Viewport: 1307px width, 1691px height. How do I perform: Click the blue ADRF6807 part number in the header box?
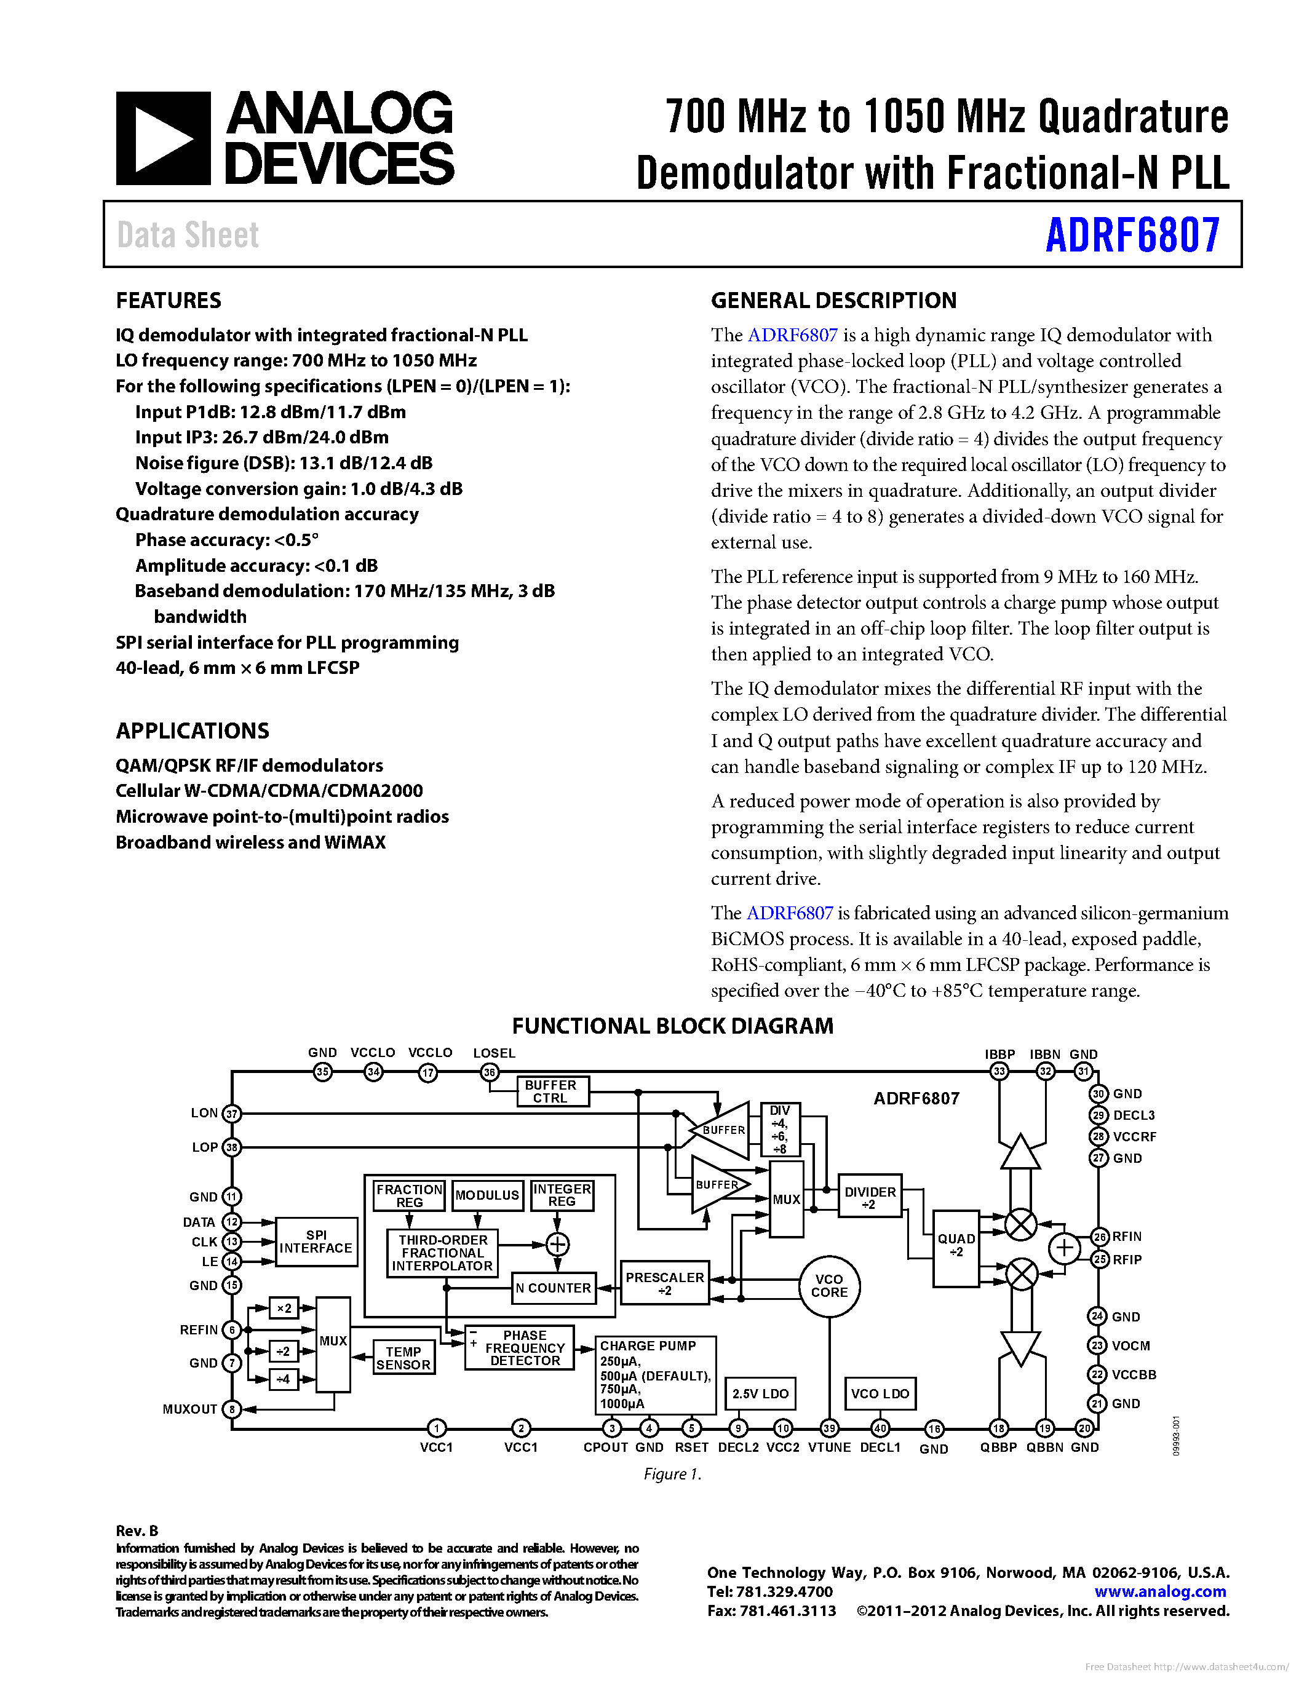[x=1132, y=236]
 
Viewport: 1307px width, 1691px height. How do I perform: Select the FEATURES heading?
[x=168, y=301]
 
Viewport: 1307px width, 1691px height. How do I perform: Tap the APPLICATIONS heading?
[x=192, y=731]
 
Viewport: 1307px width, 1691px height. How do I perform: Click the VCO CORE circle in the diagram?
[x=829, y=1286]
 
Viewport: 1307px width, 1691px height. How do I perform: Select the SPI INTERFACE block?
[x=316, y=1242]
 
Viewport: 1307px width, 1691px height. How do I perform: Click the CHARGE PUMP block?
[x=655, y=1374]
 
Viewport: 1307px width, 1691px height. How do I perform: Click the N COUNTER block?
[x=554, y=1288]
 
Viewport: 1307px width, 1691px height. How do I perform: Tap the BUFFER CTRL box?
[x=550, y=1091]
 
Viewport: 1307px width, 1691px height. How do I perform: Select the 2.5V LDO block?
[x=760, y=1393]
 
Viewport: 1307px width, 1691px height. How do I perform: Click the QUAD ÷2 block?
[x=956, y=1246]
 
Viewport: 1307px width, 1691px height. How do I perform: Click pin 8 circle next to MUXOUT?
[x=231, y=1409]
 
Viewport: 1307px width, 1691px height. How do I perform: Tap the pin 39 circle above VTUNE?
[x=829, y=1428]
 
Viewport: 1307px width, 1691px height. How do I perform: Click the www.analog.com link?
[x=1160, y=1592]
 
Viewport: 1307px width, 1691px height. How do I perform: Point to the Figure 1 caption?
[x=672, y=1474]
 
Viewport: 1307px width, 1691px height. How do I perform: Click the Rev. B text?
[x=137, y=1531]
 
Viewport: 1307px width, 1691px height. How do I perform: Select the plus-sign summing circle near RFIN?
[x=1065, y=1248]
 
